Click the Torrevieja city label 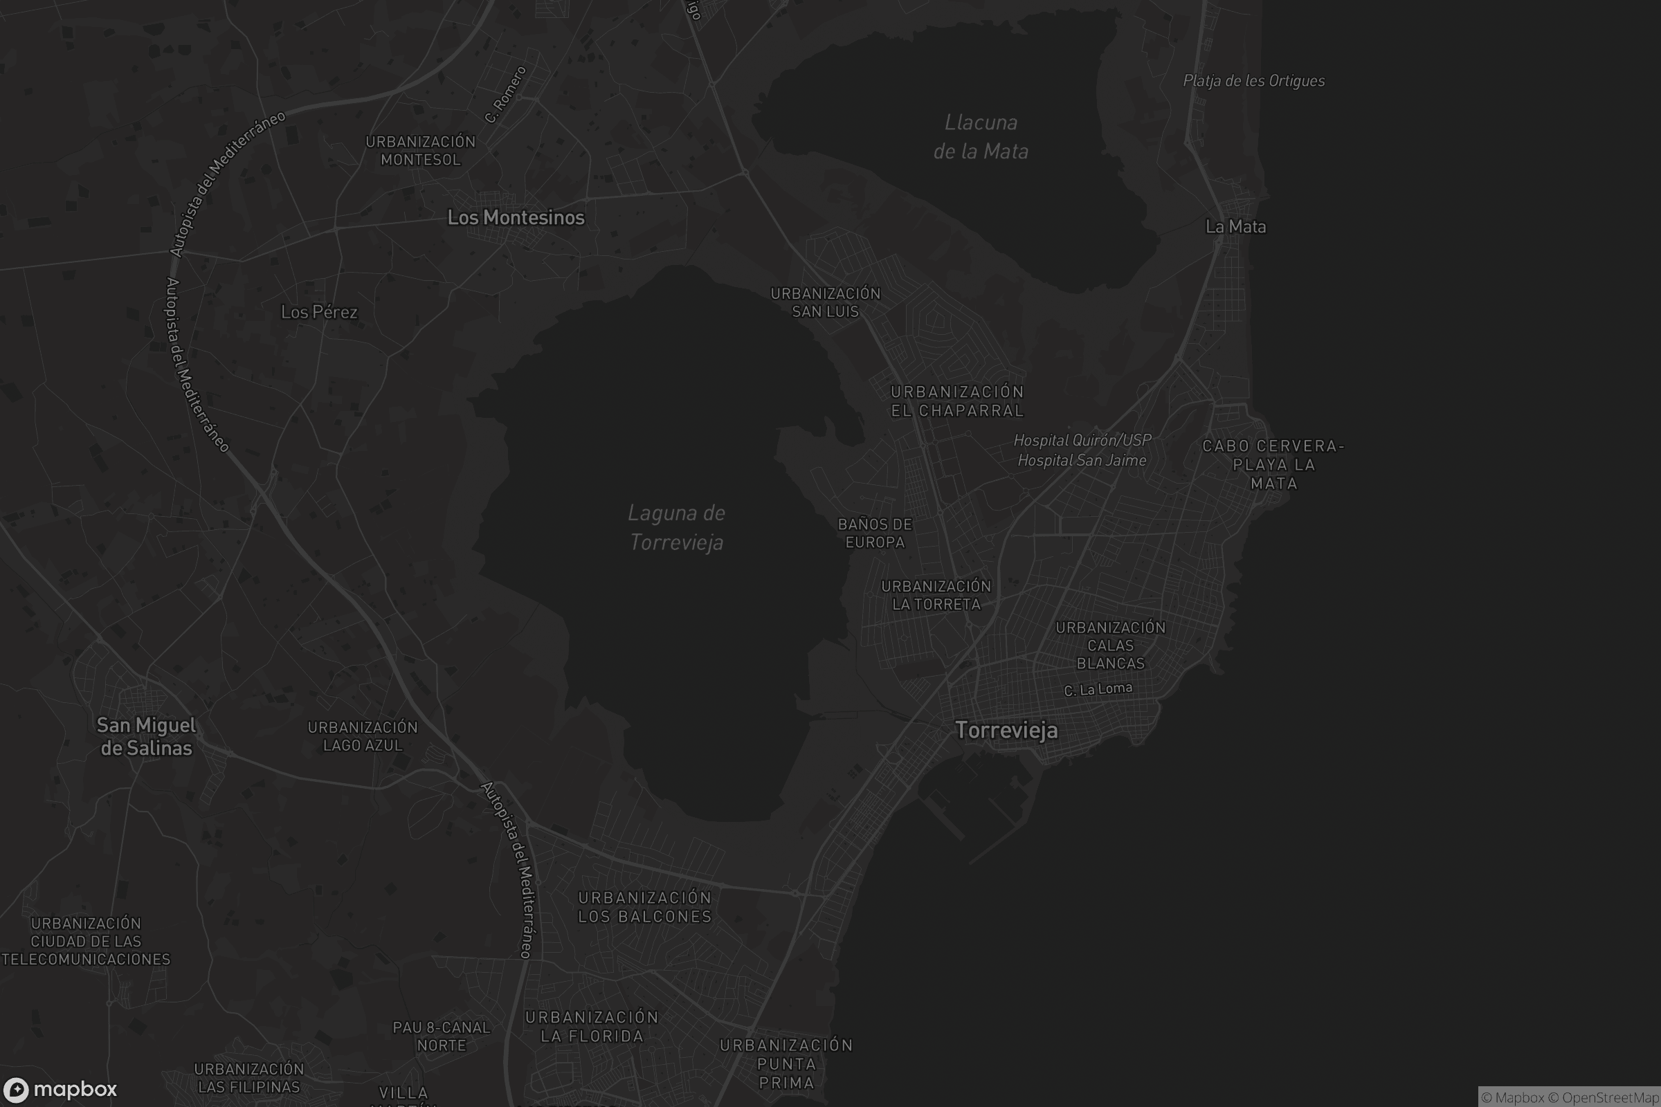pyautogui.click(x=1006, y=730)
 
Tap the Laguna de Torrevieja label pyautogui.click(x=677, y=527)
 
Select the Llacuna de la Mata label pyautogui.click(x=981, y=137)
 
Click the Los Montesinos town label pyautogui.click(x=516, y=217)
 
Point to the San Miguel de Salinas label pyautogui.click(x=146, y=736)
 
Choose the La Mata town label pyautogui.click(x=1235, y=227)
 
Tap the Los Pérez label pyautogui.click(x=319, y=312)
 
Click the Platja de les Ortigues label pyautogui.click(x=1253, y=81)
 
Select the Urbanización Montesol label pyautogui.click(x=420, y=150)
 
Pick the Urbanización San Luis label pyautogui.click(x=826, y=302)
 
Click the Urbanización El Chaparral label pyautogui.click(x=957, y=401)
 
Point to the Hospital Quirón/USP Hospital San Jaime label pyautogui.click(x=1082, y=450)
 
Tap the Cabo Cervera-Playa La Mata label pyautogui.click(x=1273, y=464)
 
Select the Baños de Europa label pyautogui.click(x=875, y=533)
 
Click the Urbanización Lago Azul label pyautogui.click(x=362, y=736)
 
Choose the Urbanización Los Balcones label pyautogui.click(x=645, y=906)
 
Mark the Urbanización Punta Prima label pyautogui.click(x=786, y=1063)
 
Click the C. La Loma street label pyautogui.click(x=1098, y=689)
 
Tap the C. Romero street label pyautogui.click(x=506, y=95)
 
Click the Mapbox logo pyautogui.click(x=60, y=1089)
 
